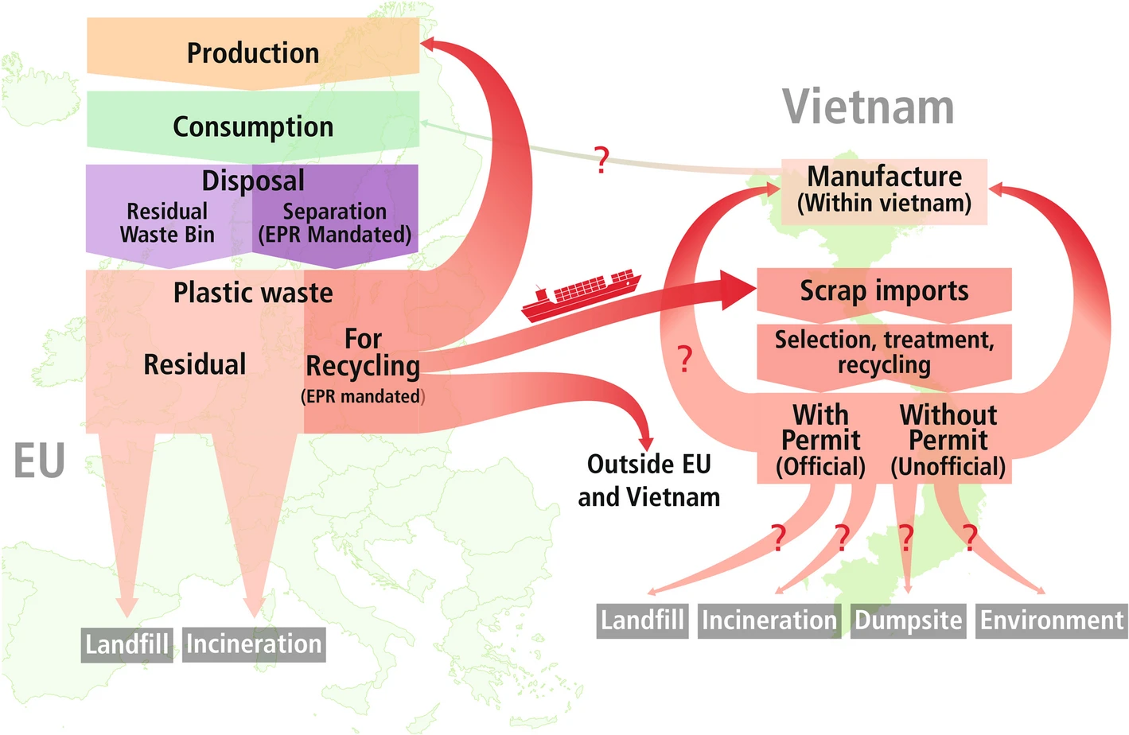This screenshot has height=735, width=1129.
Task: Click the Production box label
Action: [x=253, y=53]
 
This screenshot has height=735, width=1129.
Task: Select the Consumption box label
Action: [x=253, y=127]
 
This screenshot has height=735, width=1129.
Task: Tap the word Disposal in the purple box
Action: [x=253, y=181]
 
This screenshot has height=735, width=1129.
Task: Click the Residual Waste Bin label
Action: [x=167, y=224]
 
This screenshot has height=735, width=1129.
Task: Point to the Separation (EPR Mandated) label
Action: [x=335, y=224]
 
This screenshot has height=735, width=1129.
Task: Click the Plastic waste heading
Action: [x=253, y=293]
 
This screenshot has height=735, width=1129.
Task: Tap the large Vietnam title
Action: [x=868, y=107]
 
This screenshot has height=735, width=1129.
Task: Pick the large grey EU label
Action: [x=39, y=461]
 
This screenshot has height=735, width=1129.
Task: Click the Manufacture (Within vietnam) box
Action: [x=884, y=190]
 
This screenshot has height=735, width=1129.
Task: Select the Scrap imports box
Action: [x=884, y=290]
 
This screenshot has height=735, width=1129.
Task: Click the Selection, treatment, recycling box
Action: [x=884, y=352]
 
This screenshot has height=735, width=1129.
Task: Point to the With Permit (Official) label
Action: [x=820, y=440]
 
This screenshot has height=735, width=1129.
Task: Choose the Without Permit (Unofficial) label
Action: [x=948, y=440]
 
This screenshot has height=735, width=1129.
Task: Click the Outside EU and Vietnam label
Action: [x=648, y=480]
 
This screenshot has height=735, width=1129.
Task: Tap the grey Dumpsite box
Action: [x=909, y=620]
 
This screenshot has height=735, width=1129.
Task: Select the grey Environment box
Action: [x=1051, y=620]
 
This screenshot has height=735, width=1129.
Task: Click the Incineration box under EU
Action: [x=254, y=644]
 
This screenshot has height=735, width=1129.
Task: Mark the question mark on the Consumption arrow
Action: [x=602, y=160]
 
